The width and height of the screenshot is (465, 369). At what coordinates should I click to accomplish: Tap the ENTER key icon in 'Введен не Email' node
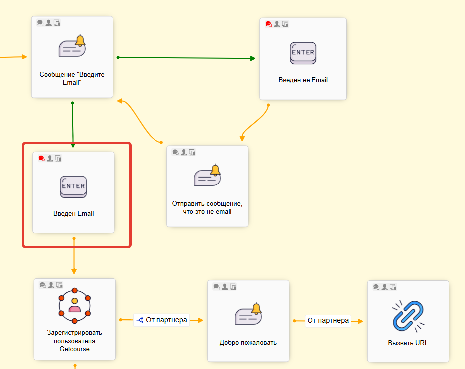pyautogui.click(x=303, y=53)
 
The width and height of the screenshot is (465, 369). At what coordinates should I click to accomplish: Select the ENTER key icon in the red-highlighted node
pyautogui.click(x=73, y=187)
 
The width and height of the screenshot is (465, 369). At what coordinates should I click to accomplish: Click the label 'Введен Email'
pyautogui.click(x=73, y=214)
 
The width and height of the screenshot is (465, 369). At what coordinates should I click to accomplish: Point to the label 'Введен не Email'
pyautogui.click(x=303, y=80)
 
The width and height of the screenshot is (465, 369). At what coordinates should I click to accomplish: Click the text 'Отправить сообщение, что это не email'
pyautogui.click(x=207, y=207)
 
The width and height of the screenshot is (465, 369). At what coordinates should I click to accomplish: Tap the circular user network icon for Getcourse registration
pyautogui.click(x=74, y=304)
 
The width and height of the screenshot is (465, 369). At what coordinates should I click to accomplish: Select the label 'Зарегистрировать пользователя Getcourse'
pyautogui.click(x=74, y=341)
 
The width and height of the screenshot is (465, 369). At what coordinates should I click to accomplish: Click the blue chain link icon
pyautogui.click(x=408, y=316)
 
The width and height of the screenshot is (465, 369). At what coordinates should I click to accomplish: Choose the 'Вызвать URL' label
pyautogui.click(x=408, y=343)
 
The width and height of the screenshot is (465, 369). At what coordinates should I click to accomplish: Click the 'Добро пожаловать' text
pyautogui.click(x=248, y=343)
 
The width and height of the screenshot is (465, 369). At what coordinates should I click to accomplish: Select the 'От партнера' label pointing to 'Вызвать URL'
pyautogui.click(x=328, y=320)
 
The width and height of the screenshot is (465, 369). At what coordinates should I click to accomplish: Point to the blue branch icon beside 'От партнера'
pyautogui.click(x=140, y=320)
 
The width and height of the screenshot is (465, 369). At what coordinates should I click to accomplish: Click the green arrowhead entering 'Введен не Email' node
pyautogui.click(x=253, y=58)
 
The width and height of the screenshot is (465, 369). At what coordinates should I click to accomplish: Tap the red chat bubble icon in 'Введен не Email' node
pyautogui.click(x=268, y=24)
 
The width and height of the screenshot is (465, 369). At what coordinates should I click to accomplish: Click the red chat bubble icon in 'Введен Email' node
pyautogui.click(x=41, y=158)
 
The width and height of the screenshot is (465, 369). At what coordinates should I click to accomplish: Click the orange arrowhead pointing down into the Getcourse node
pyautogui.click(x=74, y=271)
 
